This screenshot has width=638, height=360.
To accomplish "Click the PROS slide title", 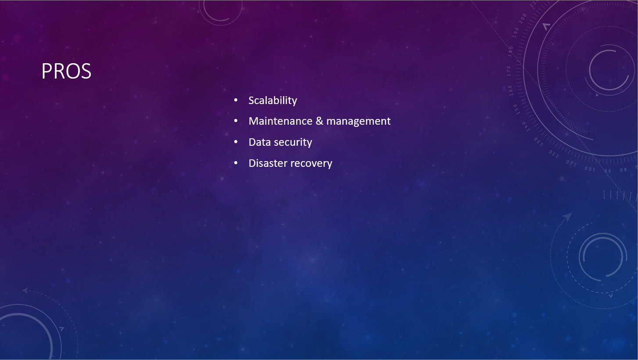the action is (x=66, y=71).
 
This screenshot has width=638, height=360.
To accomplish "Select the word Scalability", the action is (x=272, y=101).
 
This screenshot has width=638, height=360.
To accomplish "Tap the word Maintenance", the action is (x=280, y=121).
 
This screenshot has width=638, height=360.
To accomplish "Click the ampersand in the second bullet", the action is (x=319, y=121).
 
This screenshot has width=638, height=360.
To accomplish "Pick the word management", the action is (x=358, y=122).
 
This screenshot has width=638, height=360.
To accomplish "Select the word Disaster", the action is (x=268, y=163).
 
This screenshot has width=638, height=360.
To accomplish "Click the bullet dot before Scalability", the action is (x=236, y=100).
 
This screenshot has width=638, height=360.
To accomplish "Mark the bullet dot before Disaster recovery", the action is (x=236, y=163).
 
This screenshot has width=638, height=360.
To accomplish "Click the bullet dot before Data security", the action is (x=236, y=142).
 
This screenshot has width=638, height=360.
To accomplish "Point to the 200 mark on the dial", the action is (x=523, y=18).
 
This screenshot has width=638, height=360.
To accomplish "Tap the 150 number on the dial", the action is (x=516, y=109).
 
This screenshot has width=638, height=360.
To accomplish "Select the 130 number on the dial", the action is (x=538, y=141).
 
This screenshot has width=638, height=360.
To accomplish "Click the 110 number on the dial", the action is (x=571, y=163).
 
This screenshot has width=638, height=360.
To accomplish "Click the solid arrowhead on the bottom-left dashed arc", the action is (x=25, y=291).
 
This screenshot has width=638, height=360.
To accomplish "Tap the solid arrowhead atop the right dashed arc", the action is (x=567, y=216).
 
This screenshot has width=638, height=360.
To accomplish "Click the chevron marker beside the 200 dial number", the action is (x=546, y=26).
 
